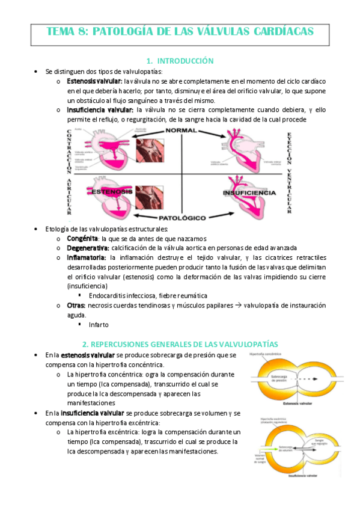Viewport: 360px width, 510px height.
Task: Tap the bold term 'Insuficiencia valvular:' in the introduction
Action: pos(100,110)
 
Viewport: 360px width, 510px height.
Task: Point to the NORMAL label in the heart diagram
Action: pos(181,131)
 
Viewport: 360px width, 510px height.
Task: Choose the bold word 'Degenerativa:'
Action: pos(88,248)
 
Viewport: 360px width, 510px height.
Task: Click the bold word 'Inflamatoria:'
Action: pos(88,257)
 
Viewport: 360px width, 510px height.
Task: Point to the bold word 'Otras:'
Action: pos(76,306)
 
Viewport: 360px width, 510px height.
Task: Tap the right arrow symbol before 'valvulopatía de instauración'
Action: pos(239,306)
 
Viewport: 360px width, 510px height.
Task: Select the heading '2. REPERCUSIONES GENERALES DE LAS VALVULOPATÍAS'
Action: pos(180,343)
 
